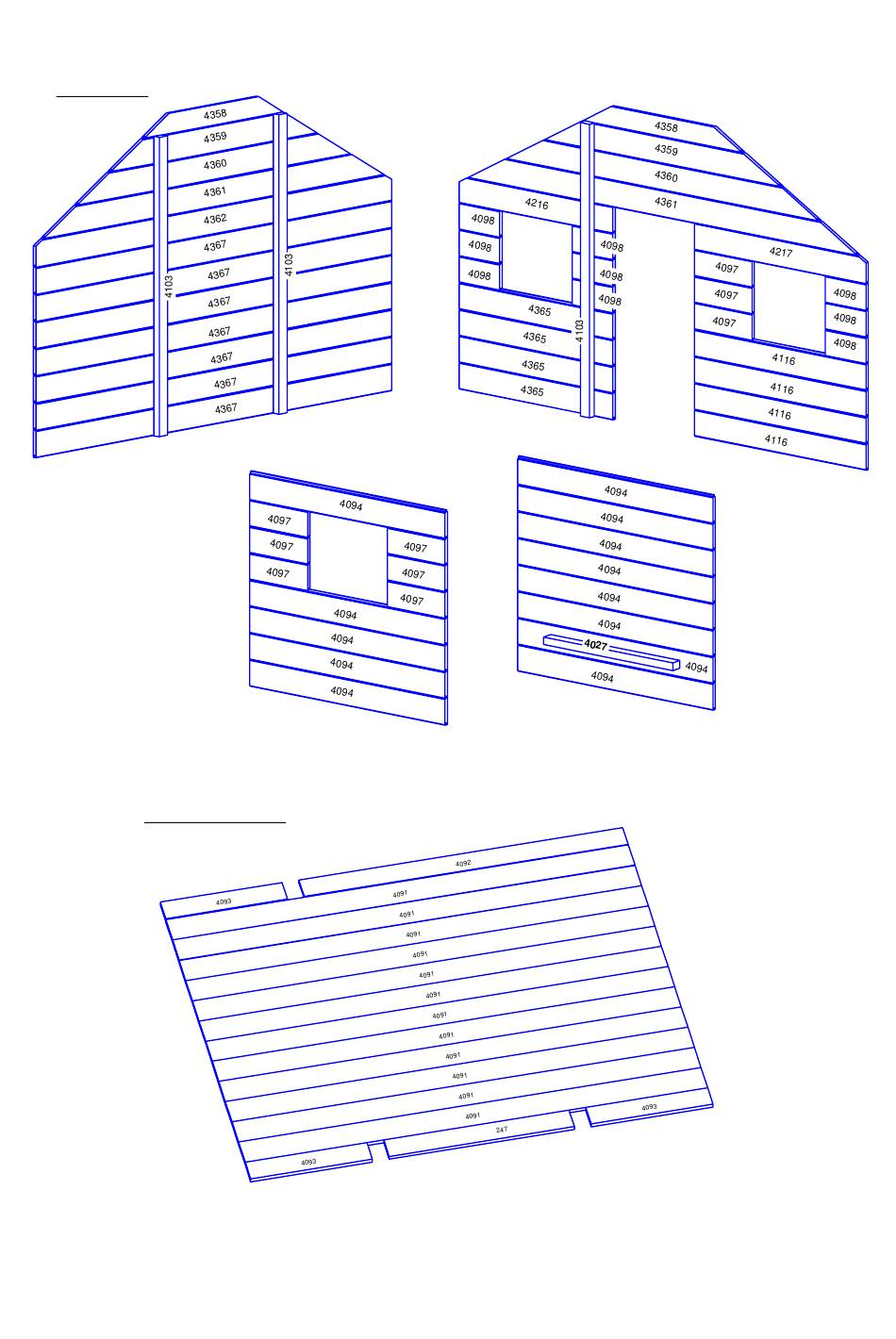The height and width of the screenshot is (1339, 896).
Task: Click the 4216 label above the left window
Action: coord(536,204)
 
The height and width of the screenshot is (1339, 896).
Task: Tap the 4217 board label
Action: coord(780,252)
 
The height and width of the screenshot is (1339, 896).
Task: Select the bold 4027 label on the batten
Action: coord(595,644)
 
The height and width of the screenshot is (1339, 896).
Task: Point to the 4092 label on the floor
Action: coord(463,863)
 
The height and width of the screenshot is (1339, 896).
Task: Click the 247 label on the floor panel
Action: coord(502,1129)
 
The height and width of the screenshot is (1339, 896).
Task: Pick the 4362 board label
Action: coord(215,219)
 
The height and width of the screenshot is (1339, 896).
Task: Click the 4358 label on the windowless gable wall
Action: coord(215,114)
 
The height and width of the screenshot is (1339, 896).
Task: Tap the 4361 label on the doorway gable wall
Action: coord(665,203)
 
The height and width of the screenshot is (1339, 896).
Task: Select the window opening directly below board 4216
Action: coord(536,257)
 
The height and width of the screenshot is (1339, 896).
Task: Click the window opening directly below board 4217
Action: coord(789,307)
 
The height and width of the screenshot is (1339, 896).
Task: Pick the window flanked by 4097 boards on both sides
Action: coord(348,557)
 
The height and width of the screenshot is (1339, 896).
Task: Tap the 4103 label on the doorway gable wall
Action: coord(578,331)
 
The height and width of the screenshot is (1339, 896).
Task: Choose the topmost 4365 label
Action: coord(539,310)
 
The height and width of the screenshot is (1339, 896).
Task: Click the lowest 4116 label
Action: coord(776,440)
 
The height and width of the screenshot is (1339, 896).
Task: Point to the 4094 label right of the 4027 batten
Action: coord(696,667)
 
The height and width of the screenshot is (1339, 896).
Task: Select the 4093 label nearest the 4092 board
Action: coord(224,901)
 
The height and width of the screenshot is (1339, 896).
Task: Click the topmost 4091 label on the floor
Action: coord(400,894)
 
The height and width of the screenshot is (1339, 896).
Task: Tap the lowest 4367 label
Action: coord(226,408)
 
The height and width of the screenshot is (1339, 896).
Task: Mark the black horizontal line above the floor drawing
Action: coord(215,822)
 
